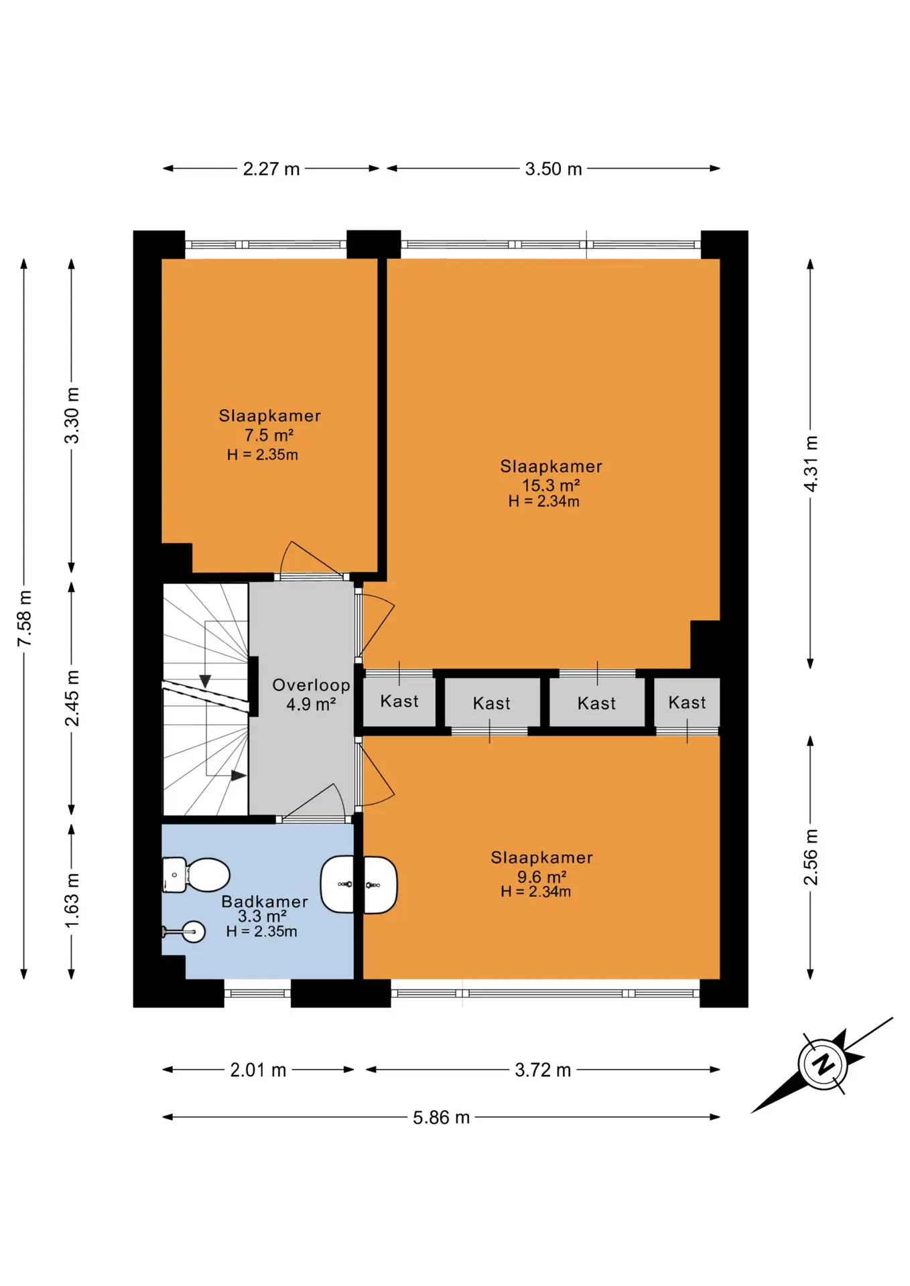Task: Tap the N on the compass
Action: click(x=823, y=1063)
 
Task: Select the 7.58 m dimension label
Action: click(x=24, y=619)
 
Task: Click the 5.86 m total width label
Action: click(x=441, y=1117)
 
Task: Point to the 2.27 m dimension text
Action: click(x=271, y=169)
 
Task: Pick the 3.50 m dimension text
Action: click(x=553, y=169)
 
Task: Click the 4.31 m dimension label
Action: click(x=811, y=463)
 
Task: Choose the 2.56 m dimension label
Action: click(x=811, y=857)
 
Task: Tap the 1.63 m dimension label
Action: click(x=72, y=901)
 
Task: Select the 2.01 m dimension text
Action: click(x=258, y=1070)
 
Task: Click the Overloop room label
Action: click(x=311, y=685)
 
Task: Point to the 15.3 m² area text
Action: click(x=551, y=485)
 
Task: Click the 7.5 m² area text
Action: click(x=269, y=435)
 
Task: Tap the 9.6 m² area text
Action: click(x=541, y=877)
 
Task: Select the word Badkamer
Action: click(x=265, y=902)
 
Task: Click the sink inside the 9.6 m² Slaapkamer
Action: click(x=380, y=885)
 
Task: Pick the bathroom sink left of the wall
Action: click(x=337, y=884)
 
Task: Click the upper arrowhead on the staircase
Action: click(x=205, y=681)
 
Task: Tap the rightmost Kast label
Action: click(x=687, y=703)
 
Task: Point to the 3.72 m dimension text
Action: click(x=543, y=1070)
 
